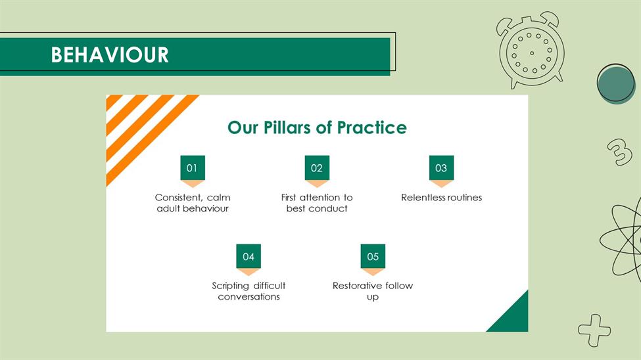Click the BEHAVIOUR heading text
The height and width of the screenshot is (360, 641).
(110, 55)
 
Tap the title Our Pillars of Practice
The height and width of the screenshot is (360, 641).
(318, 127)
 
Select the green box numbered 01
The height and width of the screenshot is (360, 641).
(193, 168)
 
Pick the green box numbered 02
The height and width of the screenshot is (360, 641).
(317, 168)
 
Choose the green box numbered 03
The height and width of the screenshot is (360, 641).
(441, 168)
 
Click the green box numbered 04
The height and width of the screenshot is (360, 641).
(249, 256)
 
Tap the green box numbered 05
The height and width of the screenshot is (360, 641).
(373, 256)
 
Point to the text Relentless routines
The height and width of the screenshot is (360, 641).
(442, 197)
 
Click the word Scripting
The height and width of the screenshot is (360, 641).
(230, 286)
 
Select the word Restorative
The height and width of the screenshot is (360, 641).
(357, 286)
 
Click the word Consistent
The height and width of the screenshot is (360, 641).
(179, 198)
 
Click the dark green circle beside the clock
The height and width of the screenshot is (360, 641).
(616, 84)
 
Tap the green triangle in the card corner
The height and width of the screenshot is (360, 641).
(514, 318)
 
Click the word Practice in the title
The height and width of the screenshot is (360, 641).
(372, 127)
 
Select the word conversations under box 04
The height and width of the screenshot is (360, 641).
(249, 297)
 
